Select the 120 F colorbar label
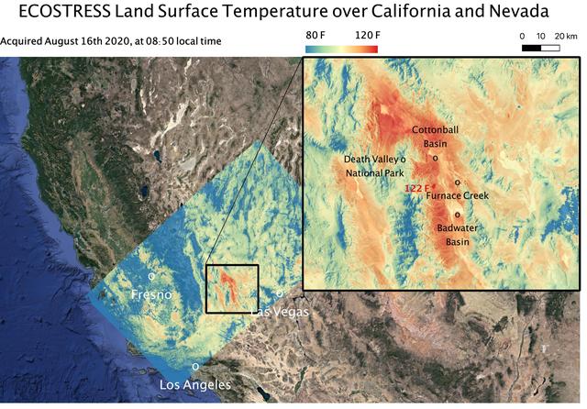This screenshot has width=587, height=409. pos(371,35)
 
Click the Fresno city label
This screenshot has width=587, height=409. pos(151,294)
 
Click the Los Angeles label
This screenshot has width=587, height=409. pos(195,384)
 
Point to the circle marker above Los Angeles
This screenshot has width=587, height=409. pos(194,367)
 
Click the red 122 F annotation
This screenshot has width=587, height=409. pos(416,188)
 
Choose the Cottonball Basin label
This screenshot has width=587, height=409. pos(434,137)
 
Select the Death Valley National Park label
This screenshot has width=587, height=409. pos(371,166)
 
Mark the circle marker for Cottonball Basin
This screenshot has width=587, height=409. pos(435,157)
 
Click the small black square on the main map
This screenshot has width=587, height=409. pos(232,289)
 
